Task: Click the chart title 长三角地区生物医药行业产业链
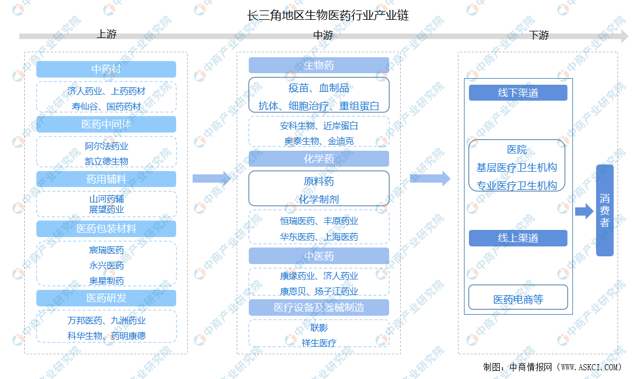tap(328, 15)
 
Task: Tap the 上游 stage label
tap(106, 34)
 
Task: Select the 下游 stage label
tap(539, 35)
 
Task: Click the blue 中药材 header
tap(106, 69)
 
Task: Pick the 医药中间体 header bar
tap(106, 124)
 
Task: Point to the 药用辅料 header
tap(106, 179)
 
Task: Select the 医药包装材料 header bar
tap(106, 229)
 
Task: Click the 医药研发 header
tap(106, 298)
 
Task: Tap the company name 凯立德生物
tap(106, 161)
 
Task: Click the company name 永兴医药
tap(106, 266)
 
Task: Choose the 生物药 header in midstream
tap(319, 65)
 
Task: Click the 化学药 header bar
tap(319, 159)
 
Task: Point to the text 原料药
tap(319, 181)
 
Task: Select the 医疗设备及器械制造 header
tap(319, 307)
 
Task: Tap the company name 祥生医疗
tap(319, 343)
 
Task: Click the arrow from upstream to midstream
tap(212, 178)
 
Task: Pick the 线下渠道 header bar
tap(518, 93)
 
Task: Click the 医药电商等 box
tap(518, 297)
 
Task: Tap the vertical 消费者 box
tap(605, 211)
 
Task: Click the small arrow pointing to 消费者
tap(585, 211)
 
